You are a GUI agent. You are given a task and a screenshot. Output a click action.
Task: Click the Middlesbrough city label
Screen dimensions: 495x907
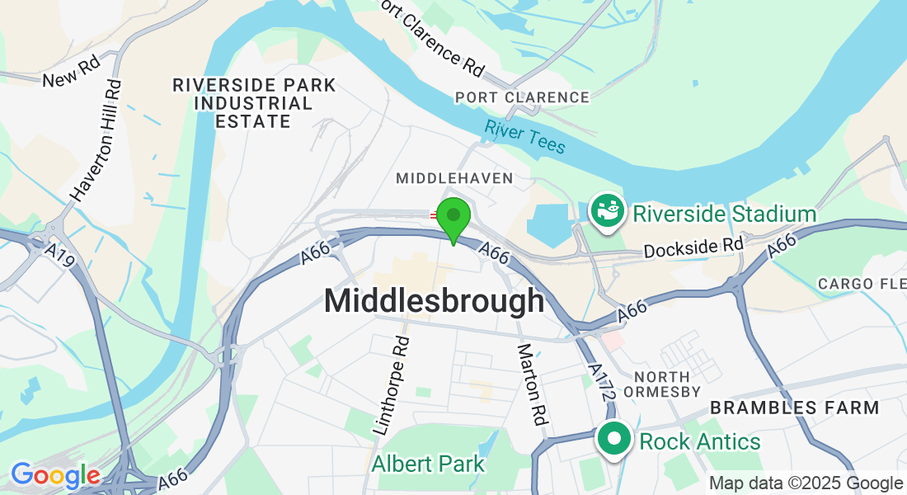(x=434, y=300)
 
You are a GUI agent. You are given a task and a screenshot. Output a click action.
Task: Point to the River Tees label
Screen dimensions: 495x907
(x=525, y=137)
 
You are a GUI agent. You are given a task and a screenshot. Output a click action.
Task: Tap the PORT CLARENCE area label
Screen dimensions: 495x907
(x=523, y=97)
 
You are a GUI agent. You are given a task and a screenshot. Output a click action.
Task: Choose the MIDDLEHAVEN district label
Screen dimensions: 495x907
(x=454, y=178)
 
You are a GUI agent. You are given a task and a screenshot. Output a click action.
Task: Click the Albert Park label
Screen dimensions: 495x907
(x=428, y=464)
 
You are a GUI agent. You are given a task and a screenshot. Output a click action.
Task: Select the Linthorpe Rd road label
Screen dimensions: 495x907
(x=392, y=386)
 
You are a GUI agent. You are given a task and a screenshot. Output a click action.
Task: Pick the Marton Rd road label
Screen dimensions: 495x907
(x=532, y=384)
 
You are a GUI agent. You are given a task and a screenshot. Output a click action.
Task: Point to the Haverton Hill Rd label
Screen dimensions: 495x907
(x=96, y=141)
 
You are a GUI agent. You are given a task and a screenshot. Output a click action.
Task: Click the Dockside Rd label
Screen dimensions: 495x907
(x=693, y=247)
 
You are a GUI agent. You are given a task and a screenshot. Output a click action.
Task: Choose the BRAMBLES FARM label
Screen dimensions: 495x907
(x=795, y=408)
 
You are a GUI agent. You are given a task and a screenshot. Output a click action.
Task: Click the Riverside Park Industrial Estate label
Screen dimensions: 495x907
(x=254, y=103)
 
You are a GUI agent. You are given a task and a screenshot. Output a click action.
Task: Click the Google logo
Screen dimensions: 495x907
(x=55, y=475)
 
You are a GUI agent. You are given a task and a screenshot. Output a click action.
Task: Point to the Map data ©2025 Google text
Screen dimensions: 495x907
(x=806, y=483)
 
